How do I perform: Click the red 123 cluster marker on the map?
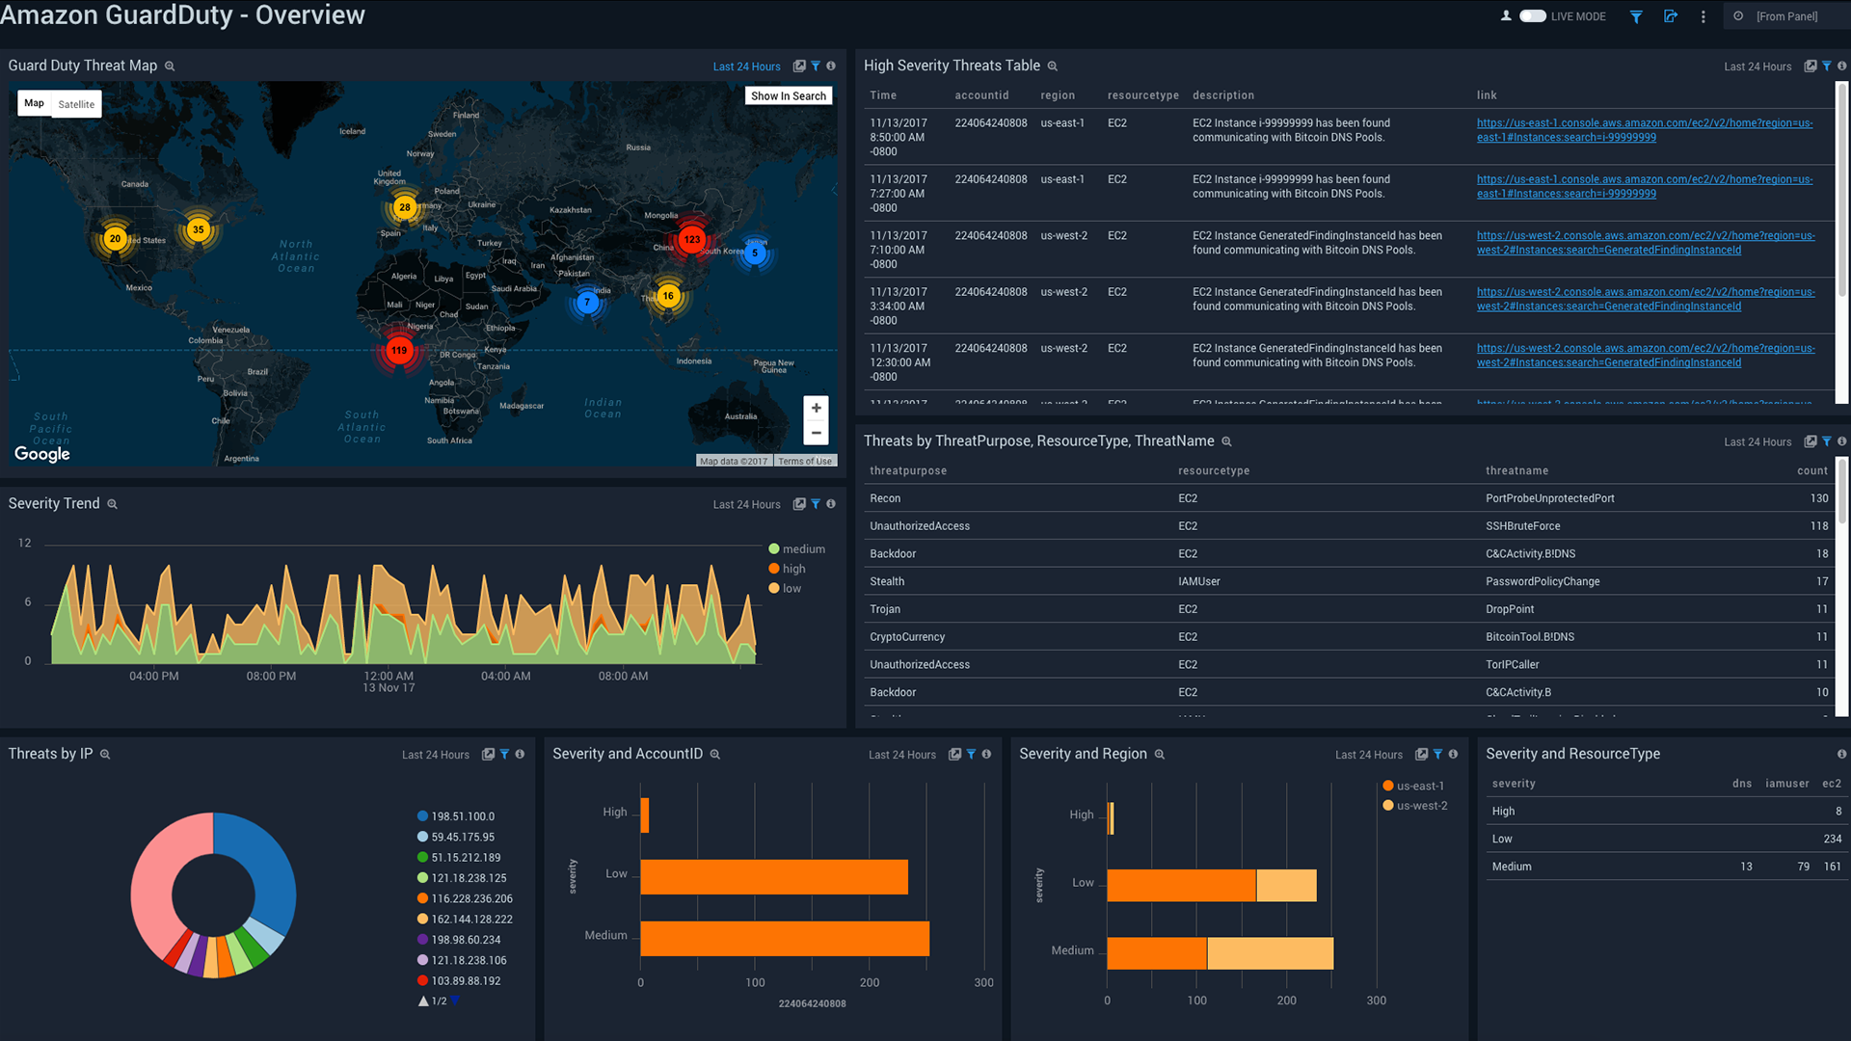(x=691, y=240)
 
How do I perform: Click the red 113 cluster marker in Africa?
(x=399, y=350)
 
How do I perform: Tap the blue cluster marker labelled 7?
(x=586, y=303)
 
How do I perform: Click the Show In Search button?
(x=788, y=96)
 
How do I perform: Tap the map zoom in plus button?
(x=816, y=408)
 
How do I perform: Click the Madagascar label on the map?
(x=522, y=406)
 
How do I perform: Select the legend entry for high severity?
(x=792, y=569)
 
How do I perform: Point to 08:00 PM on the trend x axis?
(x=271, y=677)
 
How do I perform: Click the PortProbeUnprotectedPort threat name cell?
(x=1549, y=498)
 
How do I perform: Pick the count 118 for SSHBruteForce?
(x=1818, y=526)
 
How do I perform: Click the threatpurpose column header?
(x=907, y=470)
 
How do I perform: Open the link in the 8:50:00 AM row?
(x=1644, y=130)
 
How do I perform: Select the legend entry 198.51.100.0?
(x=462, y=816)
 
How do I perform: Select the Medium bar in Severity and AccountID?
(x=784, y=939)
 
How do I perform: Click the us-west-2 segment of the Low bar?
(x=1286, y=885)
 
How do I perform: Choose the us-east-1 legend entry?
(x=1419, y=786)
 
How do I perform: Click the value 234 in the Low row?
(x=1832, y=839)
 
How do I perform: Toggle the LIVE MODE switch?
(x=1532, y=16)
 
